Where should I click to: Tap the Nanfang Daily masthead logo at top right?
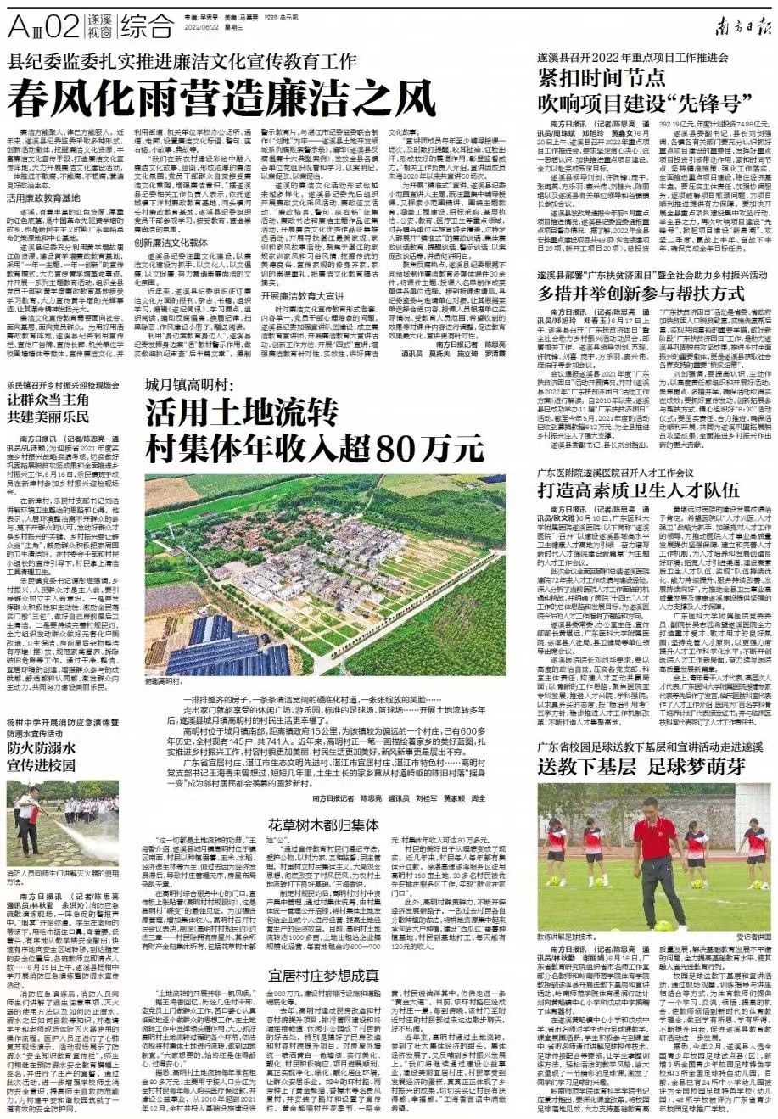tap(737, 25)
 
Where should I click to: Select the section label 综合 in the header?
tap(146, 26)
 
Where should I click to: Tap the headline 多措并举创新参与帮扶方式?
tap(641, 294)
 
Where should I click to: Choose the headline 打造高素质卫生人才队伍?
tap(639, 489)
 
